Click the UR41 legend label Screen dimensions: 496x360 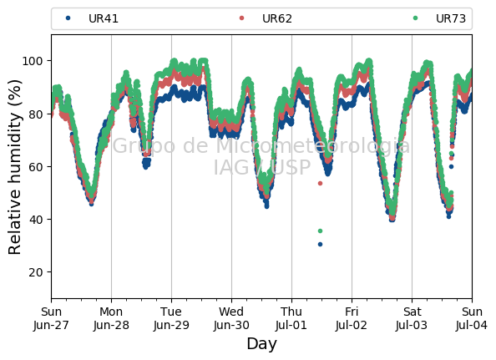pos(104,18)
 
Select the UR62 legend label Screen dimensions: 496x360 pos(277,18)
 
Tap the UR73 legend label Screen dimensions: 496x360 pos(451,18)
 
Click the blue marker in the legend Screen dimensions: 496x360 pos(68,18)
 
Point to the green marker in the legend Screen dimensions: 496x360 pos(415,18)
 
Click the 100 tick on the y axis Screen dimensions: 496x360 pos(33,61)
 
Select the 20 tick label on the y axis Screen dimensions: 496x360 pos(36,272)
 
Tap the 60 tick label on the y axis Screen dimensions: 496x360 pos(36,167)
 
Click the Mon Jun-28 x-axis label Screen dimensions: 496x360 pos(111,318)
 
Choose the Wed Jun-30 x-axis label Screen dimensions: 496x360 pos(231,318)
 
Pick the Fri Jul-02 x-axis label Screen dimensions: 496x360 pos(352,318)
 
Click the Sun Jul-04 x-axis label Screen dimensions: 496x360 pos(472,318)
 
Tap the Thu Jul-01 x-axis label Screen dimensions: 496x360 pos(291,318)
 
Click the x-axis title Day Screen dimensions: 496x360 pos(261,343)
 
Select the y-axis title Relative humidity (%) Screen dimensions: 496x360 pos(14,167)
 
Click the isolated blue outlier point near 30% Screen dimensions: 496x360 pos(320,244)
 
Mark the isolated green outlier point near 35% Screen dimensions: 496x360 pos(320,231)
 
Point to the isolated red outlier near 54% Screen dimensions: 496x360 pos(320,183)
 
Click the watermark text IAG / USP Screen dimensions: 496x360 pos(262,167)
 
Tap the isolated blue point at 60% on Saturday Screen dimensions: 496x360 pos(452,166)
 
